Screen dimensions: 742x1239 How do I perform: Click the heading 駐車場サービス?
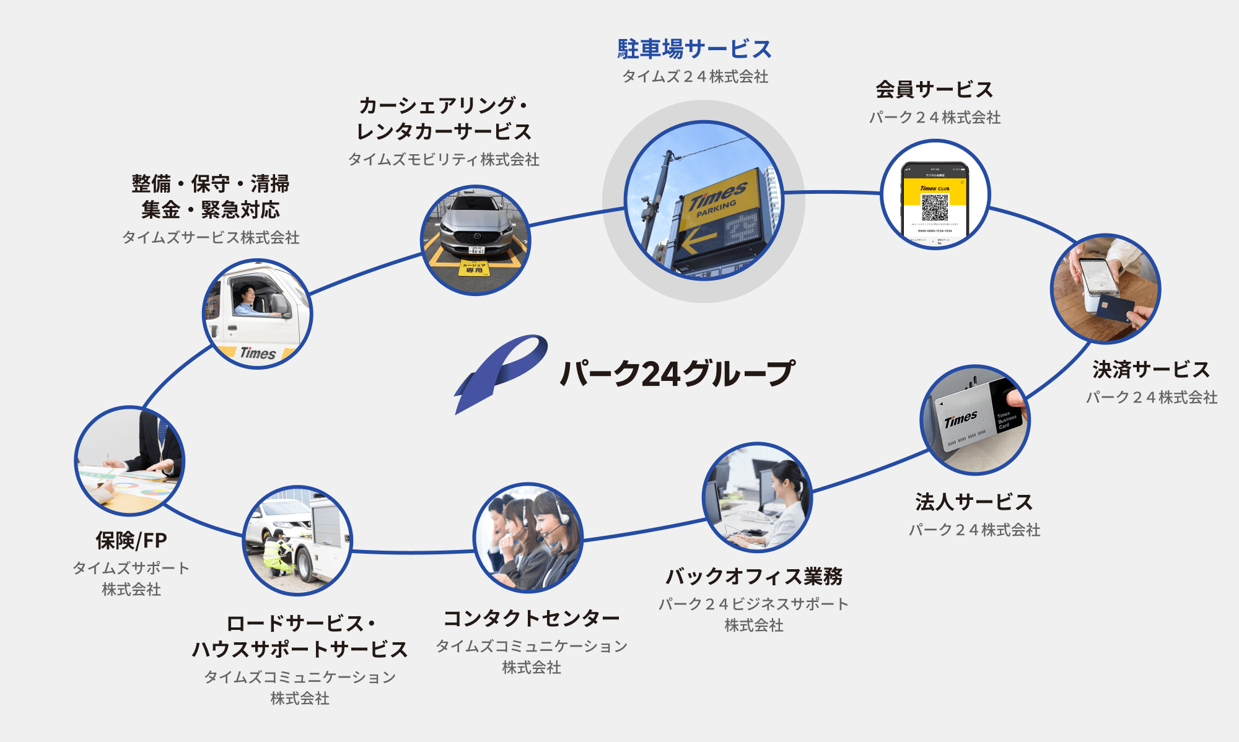(694, 49)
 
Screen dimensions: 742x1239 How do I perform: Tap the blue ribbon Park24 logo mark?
(500, 372)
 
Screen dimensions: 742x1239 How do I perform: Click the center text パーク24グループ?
(677, 373)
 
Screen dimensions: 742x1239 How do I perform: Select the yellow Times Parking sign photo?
(704, 201)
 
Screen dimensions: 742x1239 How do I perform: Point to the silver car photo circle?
(475, 240)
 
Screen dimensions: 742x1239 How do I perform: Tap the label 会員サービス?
(934, 90)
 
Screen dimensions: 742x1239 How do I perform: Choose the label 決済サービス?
(1151, 370)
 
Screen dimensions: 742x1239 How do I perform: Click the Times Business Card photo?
(974, 420)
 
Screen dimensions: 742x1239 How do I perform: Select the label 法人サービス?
(974, 502)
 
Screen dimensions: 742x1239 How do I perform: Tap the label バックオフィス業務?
(754, 576)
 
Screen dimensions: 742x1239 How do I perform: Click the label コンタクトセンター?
(532, 618)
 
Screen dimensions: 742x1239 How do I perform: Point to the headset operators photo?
(528, 537)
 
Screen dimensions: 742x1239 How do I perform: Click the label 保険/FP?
(131, 541)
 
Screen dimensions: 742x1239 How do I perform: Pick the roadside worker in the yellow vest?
(277, 551)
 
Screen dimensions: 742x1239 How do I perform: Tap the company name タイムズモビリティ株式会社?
(444, 160)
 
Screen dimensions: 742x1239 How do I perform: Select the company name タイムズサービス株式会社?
(211, 237)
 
